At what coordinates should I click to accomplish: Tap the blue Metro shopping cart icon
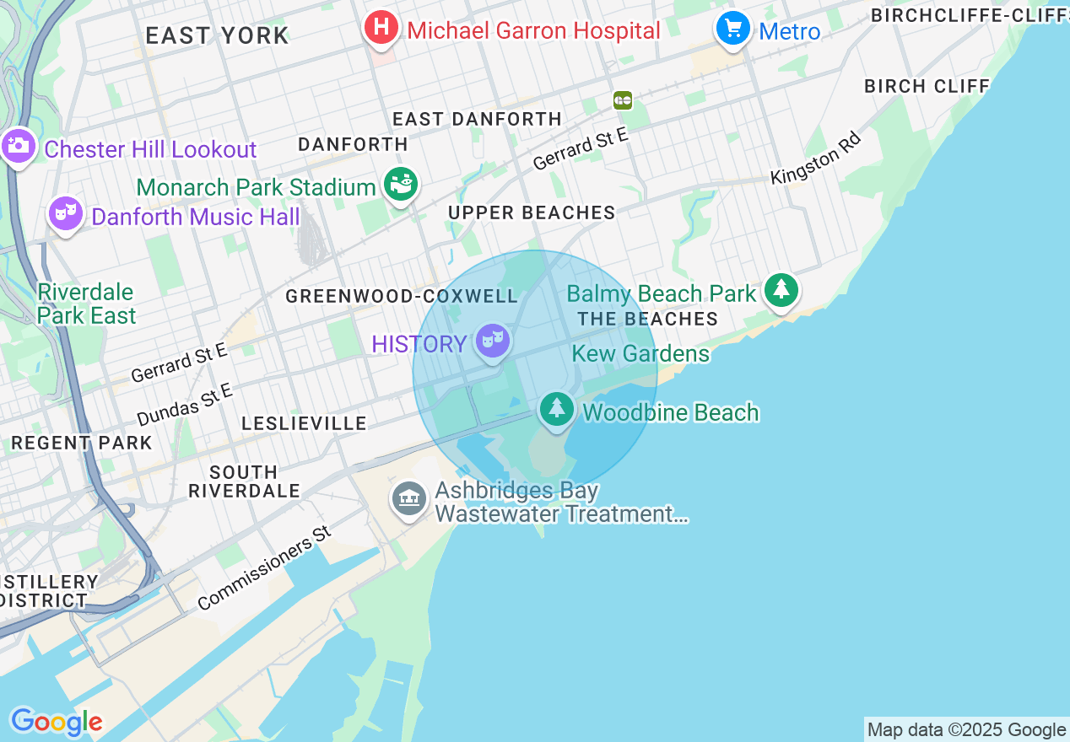click(x=733, y=29)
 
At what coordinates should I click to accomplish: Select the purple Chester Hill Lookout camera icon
click(x=18, y=148)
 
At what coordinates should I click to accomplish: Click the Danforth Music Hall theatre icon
click(x=64, y=214)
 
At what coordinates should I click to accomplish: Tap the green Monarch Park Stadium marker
click(x=400, y=185)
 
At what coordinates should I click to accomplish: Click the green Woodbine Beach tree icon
click(x=556, y=410)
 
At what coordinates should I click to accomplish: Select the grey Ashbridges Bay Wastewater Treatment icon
click(x=409, y=498)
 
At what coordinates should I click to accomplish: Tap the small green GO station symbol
click(x=623, y=100)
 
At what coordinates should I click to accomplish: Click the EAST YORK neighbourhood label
click(x=217, y=35)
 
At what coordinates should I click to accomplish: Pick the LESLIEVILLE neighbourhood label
click(x=304, y=423)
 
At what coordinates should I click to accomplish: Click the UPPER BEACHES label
click(x=532, y=212)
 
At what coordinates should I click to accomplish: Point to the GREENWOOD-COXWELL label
click(x=402, y=296)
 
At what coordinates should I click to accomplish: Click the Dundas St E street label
click(x=184, y=404)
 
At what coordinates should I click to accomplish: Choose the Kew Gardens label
click(x=640, y=353)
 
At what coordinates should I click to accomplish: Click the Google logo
click(x=57, y=722)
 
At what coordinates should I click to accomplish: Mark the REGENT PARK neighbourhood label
click(x=82, y=443)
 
